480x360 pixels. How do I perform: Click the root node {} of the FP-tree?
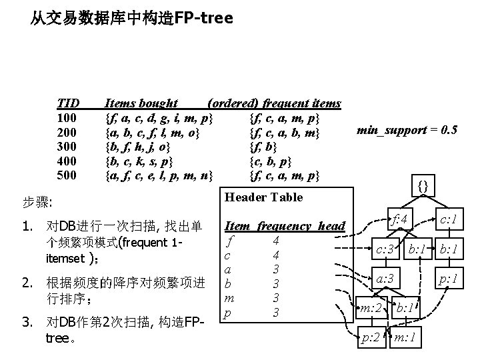click(423, 185)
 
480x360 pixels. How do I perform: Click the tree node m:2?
click(370, 307)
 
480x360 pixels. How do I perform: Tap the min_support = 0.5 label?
click(407, 130)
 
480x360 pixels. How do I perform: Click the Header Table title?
click(263, 197)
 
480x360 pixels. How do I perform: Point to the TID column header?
click(68, 103)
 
